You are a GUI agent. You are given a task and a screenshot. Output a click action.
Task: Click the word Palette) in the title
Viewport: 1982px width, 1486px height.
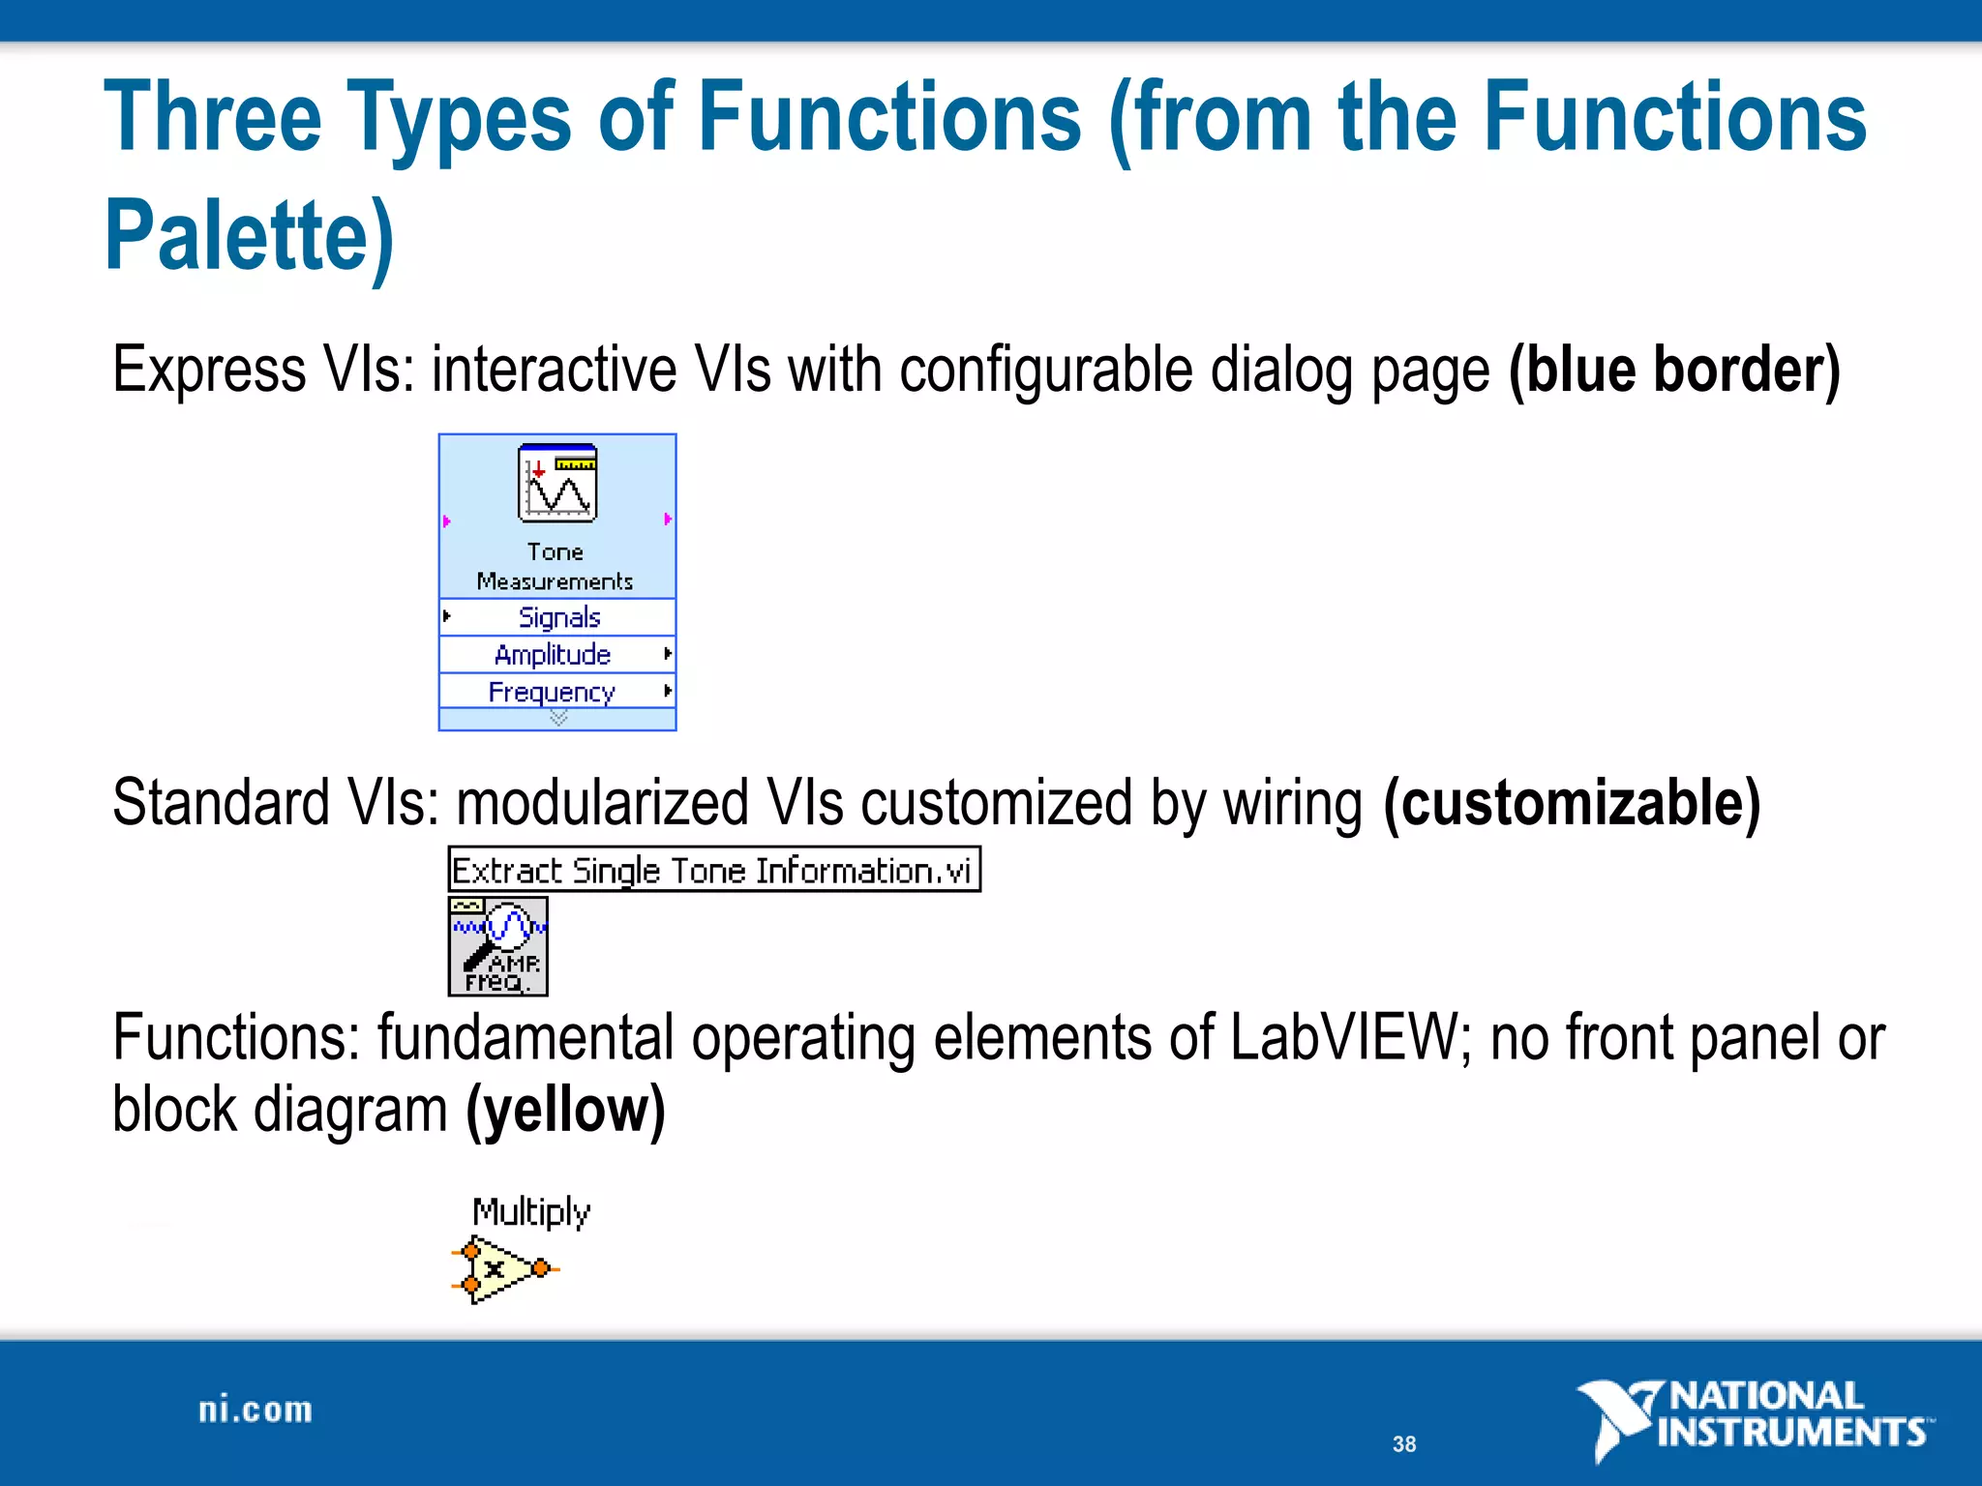pos(250,235)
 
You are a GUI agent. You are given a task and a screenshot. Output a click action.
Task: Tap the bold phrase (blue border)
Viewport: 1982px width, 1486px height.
pos(1673,370)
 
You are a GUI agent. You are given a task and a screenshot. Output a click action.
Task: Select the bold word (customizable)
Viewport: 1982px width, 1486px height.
pos(1571,803)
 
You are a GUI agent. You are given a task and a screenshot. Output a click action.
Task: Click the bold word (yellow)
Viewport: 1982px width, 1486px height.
pos(565,1110)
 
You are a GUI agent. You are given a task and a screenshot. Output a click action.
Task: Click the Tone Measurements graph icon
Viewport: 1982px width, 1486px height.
pos(556,484)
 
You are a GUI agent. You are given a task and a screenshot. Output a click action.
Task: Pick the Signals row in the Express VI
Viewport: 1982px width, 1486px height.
pos(558,617)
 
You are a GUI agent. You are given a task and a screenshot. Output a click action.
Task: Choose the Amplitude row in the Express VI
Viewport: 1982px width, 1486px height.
pos(553,655)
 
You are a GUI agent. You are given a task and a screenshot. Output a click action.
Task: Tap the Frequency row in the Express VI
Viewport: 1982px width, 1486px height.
pos(552,692)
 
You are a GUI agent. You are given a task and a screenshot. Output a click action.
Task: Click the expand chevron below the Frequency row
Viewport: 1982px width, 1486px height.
pos(558,718)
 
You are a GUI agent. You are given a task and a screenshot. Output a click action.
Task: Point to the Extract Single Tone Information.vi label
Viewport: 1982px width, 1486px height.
pos(713,870)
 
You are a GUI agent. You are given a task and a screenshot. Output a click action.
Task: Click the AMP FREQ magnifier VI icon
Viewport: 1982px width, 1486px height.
pos(497,946)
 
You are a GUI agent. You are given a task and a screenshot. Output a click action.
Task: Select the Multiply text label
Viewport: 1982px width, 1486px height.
pos(530,1211)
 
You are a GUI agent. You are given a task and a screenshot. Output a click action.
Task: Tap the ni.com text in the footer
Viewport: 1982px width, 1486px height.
pos(255,1411)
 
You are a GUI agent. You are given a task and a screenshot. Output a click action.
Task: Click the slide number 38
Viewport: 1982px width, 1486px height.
pos(1403,1444)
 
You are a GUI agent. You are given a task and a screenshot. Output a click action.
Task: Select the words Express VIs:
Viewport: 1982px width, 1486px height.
pos(263,370)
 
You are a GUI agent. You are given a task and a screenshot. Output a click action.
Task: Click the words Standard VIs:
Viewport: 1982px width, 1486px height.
pos(276,803)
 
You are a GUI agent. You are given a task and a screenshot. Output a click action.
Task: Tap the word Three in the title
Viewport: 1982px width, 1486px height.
pos(213,118)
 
